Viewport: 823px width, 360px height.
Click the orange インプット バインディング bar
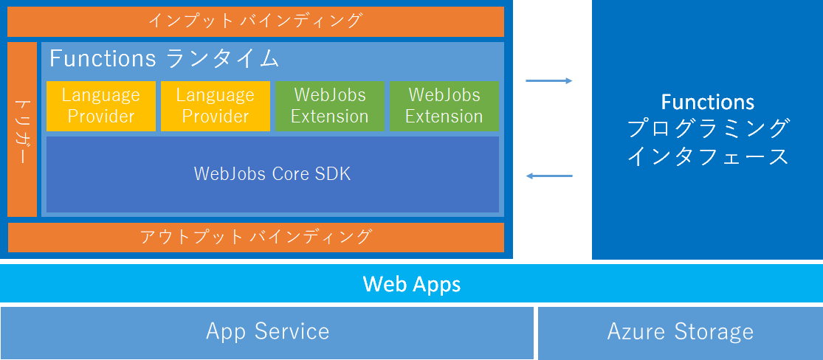[255, 21]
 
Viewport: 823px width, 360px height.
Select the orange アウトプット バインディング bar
[255, 237]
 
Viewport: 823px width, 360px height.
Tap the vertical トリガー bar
[22, 130]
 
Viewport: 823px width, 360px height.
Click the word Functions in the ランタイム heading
[103, 58]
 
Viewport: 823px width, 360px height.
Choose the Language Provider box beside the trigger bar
[101, 105]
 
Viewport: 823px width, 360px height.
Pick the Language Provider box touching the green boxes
[216, 105]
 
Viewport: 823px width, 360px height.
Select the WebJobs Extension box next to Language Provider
[330, 105]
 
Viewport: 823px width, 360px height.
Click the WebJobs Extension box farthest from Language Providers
[444, 105]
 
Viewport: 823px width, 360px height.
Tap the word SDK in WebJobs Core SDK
[334, 174]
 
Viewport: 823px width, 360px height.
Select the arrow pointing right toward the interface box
[549, 80]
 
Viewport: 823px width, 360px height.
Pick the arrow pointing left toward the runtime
[549, 176]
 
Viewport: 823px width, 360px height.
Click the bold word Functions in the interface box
[707, 102]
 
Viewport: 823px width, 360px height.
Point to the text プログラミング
[707, 128]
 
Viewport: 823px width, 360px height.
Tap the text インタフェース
[707, 156]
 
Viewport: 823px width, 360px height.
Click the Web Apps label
[411, 284]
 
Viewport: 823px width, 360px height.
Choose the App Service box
[267, 331]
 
